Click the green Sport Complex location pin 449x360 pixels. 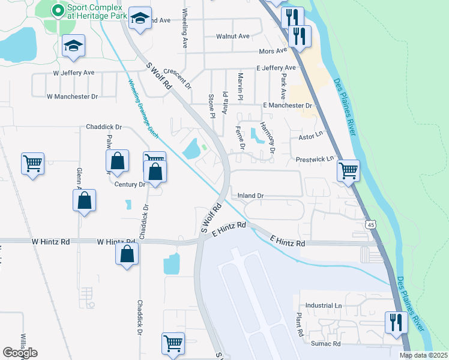point(58,10)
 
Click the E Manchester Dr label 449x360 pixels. point(288,106)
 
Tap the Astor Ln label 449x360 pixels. point(311,137)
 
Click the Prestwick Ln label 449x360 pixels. point(314,160)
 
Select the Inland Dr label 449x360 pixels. point(251,196)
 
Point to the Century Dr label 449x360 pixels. point(130,185)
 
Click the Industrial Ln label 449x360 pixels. point(323,305)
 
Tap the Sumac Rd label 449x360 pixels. point(325,344)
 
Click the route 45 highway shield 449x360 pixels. point(372,224)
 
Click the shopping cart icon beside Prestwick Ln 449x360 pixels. point(348,170)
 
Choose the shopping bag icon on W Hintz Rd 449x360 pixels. point(127,253)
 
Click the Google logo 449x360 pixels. point(20,353)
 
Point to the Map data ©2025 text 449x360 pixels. point(423,355)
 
